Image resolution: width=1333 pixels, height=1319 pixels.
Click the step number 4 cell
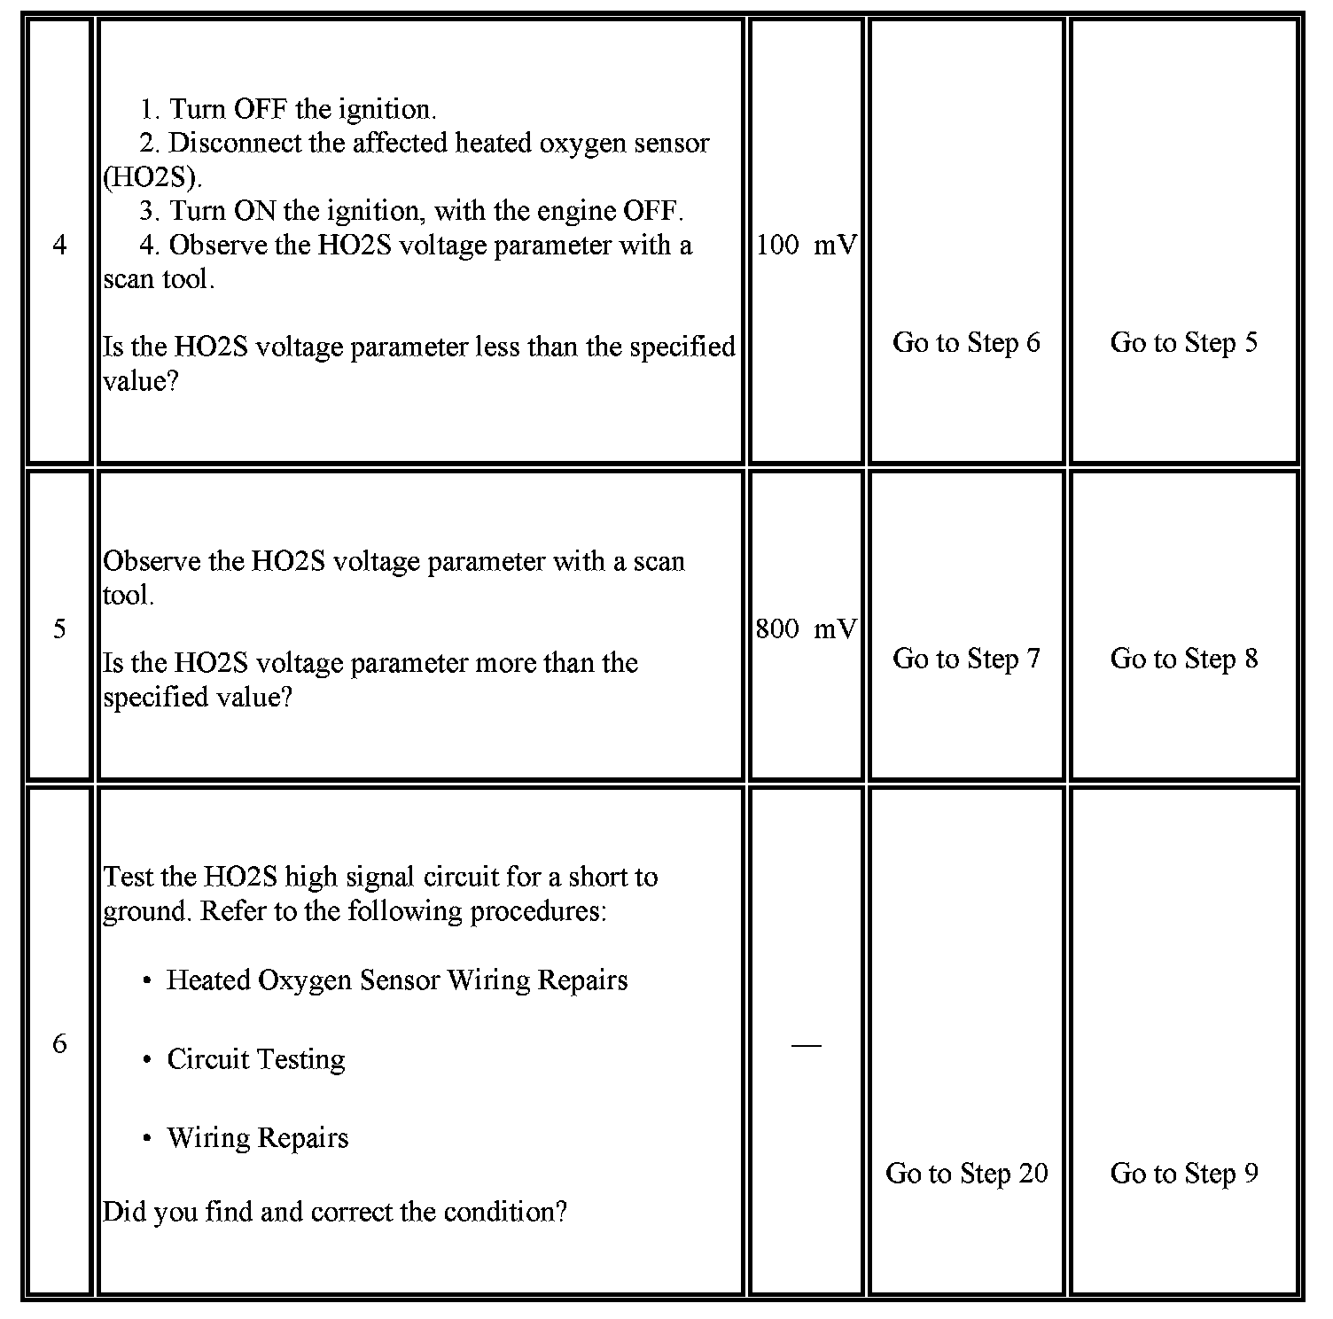59,245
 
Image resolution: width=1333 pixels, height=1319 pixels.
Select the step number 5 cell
59,628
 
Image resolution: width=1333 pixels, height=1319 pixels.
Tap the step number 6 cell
59,1043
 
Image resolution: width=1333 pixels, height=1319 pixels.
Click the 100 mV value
806,245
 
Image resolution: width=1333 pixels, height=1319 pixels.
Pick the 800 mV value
806,628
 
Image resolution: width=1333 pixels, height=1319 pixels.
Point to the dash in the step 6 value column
806,1045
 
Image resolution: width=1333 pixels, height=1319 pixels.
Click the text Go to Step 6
966,342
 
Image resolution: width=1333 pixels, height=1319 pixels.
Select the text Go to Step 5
1183,342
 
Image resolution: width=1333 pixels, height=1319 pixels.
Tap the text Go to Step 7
966,659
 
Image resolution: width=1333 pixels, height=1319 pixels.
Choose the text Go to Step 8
1183,659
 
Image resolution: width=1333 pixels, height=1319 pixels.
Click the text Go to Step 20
966,1173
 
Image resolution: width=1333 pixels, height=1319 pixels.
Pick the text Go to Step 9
1183,1173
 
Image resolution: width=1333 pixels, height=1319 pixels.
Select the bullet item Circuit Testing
255,1059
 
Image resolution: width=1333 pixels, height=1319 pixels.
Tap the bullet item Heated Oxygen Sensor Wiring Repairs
396,980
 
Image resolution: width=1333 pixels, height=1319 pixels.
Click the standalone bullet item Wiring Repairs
257,1138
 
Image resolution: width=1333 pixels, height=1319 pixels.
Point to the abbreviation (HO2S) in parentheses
152,177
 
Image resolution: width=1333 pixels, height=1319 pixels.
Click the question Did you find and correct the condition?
334,1212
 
